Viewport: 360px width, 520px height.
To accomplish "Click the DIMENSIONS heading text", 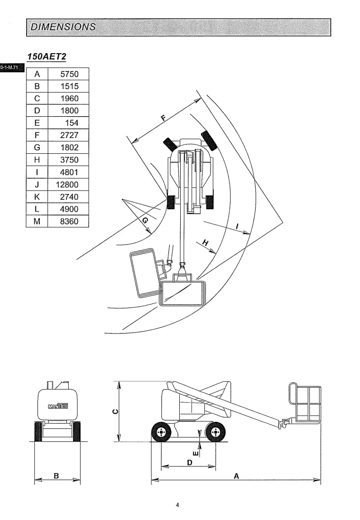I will coord(63,27).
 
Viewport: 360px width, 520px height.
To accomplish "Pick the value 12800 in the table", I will coord(67,185).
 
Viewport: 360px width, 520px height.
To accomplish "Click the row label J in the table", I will coord(37,185).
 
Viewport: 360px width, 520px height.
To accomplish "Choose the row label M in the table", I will coord(37,221).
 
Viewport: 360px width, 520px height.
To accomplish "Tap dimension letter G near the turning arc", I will coord(145,221).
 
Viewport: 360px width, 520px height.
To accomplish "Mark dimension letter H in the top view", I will coord(206,243).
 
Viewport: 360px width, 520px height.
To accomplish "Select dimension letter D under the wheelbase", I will coord(189,462).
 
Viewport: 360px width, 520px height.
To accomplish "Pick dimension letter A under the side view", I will coord(236,476).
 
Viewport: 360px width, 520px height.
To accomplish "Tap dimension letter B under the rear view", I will coord(56,476).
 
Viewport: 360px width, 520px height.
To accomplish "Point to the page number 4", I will coord(177,505).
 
